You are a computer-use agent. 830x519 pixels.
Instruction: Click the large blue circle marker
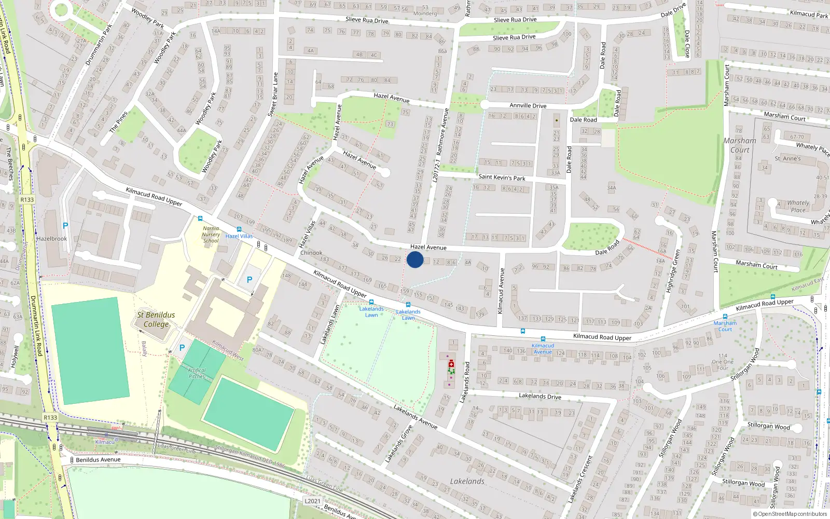[415, 259]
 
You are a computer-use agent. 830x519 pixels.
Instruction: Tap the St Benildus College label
[156, 319]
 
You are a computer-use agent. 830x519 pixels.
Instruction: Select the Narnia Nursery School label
[211, 235]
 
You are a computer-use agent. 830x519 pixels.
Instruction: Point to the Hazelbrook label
[52, 239]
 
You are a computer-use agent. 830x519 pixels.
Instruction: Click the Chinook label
[311, 253]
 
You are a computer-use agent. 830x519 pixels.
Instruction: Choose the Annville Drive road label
[528, 105]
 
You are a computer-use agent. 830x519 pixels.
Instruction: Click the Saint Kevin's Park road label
[502, 177]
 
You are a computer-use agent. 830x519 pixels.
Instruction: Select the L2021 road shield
[312, 501]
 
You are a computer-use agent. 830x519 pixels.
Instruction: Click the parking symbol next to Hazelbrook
[65, 226]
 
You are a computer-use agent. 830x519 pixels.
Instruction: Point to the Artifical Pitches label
[197, 373]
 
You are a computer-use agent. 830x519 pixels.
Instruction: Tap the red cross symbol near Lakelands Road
[451, 364]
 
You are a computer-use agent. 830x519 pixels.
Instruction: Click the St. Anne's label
[787, 158]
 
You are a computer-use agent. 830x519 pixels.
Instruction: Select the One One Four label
[723, 362]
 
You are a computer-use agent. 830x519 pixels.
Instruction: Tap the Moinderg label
[425, 13]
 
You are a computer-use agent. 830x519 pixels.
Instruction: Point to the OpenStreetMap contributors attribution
[790, 514]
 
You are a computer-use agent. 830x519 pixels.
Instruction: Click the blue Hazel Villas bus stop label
[239, 236]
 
